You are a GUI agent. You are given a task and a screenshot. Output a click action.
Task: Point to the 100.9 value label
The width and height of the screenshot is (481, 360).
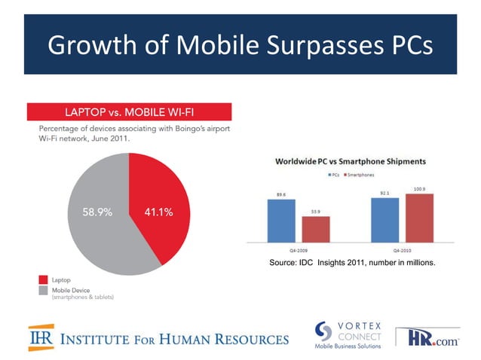(419, 188)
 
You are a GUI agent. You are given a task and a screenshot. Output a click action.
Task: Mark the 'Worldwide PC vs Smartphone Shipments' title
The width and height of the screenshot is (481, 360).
(351, 161)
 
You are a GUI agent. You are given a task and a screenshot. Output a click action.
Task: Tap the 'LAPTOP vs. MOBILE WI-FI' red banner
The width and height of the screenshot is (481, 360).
(129, 112)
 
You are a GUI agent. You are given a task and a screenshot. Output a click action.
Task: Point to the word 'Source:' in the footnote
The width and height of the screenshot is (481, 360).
(282, 261)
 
